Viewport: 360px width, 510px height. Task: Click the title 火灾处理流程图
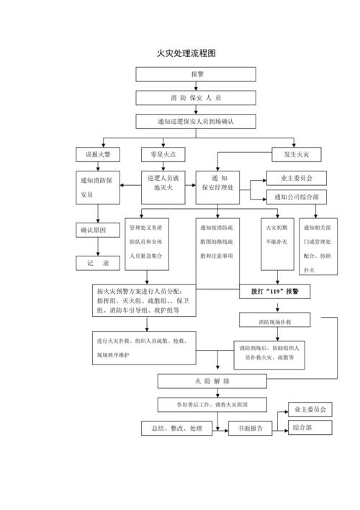tap(186, 53)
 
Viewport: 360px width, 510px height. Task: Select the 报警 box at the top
tap(196, 74)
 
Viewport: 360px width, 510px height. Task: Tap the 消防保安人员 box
tap(196, 97)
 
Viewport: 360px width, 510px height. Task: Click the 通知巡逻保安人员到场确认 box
tap(196, 121)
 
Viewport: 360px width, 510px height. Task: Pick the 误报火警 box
tap(99, 154)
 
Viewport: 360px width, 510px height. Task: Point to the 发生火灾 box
tap(296, 154)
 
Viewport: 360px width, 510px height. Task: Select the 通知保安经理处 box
tap(220, 183)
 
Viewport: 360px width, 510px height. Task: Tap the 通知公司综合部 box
tap(296, 196)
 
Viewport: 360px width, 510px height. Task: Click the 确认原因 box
tap(99, 230)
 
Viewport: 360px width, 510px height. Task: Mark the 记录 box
tap(99, 264)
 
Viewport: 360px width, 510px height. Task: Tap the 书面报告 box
tap(250, 429)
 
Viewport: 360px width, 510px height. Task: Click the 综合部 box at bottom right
tap(310, 428)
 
